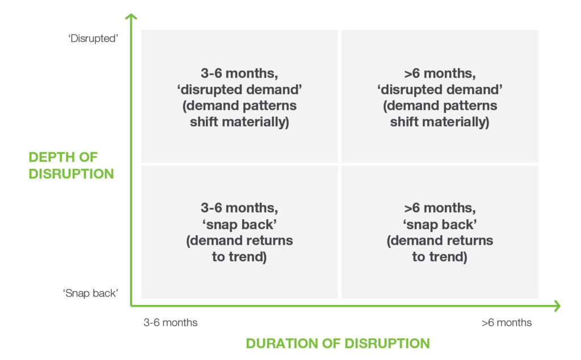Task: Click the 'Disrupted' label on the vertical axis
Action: pos(93,39)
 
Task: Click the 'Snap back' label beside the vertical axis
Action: pos(90,293)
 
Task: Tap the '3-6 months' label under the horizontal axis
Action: pos(170,323)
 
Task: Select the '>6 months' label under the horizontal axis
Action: pos(507,323)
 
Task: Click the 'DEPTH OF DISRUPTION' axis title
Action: pos(71,166)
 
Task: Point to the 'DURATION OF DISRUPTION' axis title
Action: pos(338,344)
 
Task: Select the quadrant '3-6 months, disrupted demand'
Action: pos(240,96)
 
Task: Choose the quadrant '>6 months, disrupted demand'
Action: pos(440,96)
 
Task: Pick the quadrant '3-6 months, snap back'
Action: pos(240,232)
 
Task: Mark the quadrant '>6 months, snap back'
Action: pos(440,232)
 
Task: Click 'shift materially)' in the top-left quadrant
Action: pos(239,122)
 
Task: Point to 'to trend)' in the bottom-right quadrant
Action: pos(440,257)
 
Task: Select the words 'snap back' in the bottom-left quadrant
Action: pos(239,225)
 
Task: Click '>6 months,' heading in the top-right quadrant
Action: pos(440,73)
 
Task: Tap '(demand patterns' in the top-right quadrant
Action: pos(440,105)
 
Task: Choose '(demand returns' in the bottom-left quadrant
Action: pos(239,240)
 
